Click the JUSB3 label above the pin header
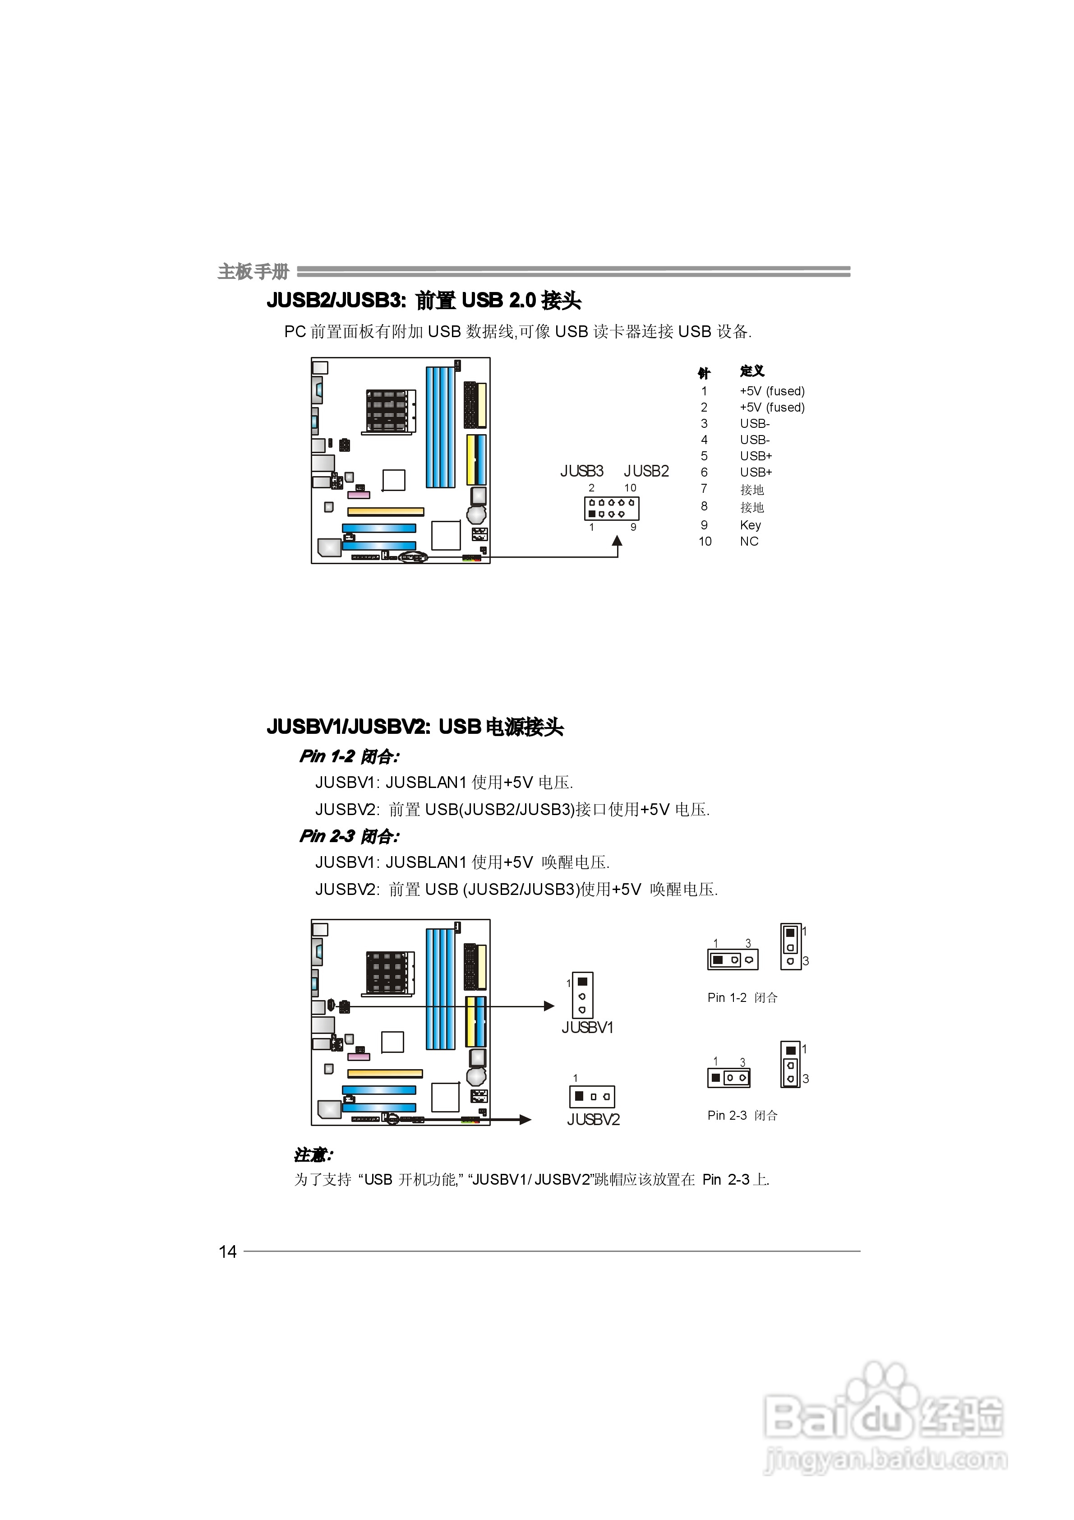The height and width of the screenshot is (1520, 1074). point(582,471)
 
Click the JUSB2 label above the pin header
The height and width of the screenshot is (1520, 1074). point(646,471)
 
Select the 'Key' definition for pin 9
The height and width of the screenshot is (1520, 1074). point(751,525)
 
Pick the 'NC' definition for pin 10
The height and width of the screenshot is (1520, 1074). point(749,542)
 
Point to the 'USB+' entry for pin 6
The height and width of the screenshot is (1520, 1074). point(756,473)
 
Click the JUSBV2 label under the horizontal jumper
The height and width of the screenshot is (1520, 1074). point(593,1120)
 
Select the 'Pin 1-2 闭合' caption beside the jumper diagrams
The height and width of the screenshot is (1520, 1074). point(742,998)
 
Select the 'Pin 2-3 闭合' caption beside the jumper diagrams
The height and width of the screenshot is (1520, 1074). point(742,1116)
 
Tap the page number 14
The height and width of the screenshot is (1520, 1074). point(228,1252)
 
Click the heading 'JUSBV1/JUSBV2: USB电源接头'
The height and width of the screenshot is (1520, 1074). point(415,727)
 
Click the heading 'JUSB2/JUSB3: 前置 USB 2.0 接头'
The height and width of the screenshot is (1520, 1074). point(424,301)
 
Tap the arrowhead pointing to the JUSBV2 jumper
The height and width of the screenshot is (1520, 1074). point(525,1120)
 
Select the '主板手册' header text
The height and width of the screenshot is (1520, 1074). point(254,271)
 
